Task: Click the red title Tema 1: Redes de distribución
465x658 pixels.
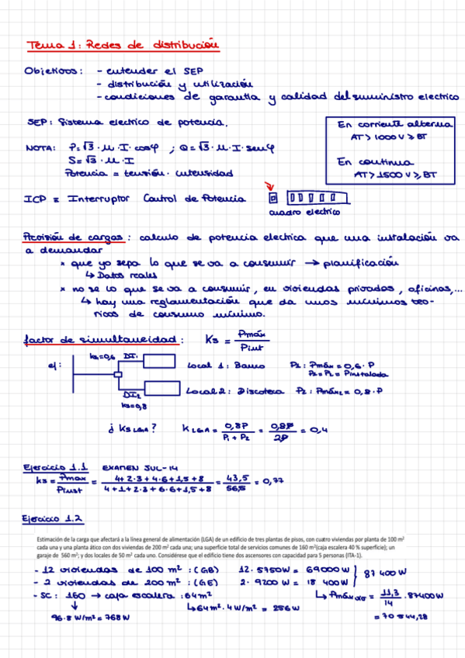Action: (121, 47)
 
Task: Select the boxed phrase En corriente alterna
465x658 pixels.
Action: (396, 124)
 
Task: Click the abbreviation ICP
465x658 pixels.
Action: (35, 199)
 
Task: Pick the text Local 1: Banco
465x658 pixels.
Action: (226, 365)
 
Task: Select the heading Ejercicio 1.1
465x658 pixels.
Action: (57, 468)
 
